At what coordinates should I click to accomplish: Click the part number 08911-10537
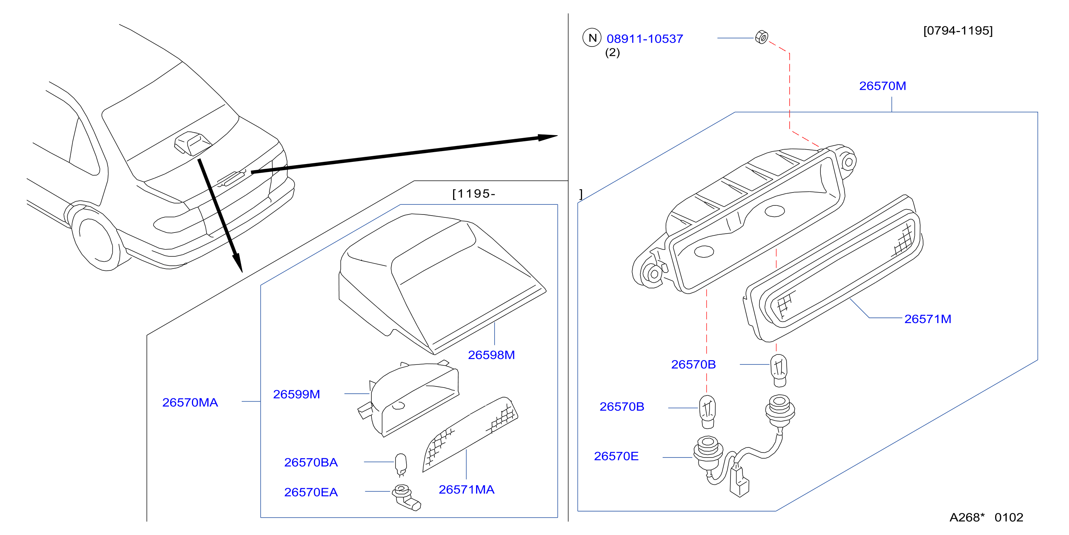tap(644, 39)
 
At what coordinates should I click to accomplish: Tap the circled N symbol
tap(592, 38)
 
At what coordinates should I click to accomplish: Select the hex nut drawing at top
tap(761, 37)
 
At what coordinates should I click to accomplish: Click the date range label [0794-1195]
tap(958, 30)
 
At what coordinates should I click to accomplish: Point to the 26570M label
tap(882, 86)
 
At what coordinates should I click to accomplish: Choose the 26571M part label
tap(927, 319)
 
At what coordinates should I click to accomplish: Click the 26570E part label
tap(616, 456)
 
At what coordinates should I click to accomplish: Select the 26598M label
tap(491, 355)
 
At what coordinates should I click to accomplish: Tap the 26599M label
tap(296, 394)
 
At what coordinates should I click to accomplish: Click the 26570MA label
tap(190, 402)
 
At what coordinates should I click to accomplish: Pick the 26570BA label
tap(311, 462)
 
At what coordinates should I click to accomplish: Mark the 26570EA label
tap(311, 492)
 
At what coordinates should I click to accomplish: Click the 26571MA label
tap(466, 490)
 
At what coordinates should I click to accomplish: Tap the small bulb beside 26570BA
tap(401, 464)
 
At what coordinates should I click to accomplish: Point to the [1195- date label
tap(474, 194)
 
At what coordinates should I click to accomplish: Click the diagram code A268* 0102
tap(987, 517)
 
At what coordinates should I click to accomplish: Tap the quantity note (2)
tap(613, 52)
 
